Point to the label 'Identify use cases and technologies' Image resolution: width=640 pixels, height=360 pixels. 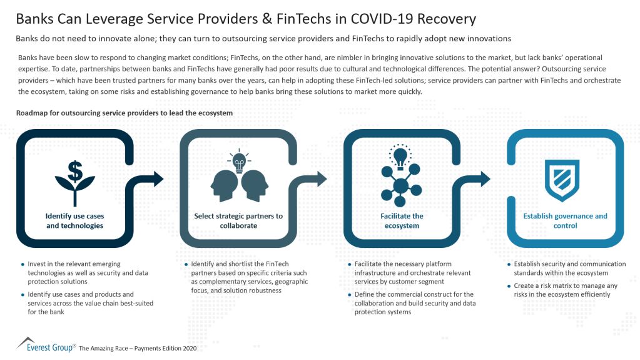click(x=74, y=220)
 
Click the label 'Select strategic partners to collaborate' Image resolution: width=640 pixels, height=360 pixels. click(x=238, y=220)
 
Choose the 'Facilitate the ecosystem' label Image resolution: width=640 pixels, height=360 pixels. click(x=402, y=220)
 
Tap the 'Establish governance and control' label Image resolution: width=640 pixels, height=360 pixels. click(x=565, y=220)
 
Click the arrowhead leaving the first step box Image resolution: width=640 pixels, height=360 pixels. click(x=157, y=178)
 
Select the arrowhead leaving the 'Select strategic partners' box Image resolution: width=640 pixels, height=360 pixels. click(x=320, y=178)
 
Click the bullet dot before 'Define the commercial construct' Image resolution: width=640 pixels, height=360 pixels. click(x=348, y=294)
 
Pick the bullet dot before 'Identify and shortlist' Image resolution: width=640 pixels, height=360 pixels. click(x=186, y=264)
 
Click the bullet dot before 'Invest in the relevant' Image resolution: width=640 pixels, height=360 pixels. click(x=23, y=264)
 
